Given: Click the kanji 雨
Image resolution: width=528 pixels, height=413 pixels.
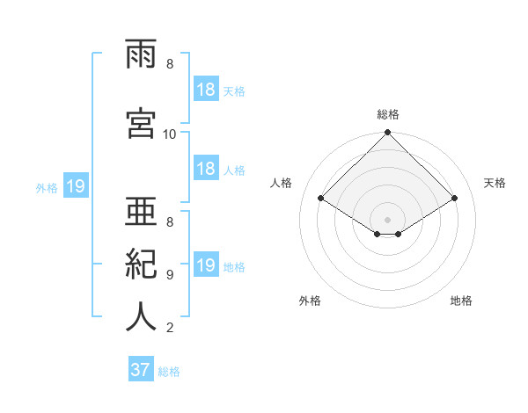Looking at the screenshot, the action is [x=141, y=54].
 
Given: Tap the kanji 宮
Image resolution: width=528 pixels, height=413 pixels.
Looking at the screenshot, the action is [x=141, y=123].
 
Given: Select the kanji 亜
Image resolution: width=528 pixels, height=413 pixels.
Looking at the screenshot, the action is [x=141, y=211].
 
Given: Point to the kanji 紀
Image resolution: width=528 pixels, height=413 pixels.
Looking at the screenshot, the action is [x=141, y=264].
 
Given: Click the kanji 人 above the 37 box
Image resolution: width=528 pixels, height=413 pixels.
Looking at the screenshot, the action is [x=141, y=316].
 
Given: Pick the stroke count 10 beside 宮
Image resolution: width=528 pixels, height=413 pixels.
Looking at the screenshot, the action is [x=169, y=134].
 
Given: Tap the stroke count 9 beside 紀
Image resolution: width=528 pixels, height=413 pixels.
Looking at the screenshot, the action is [x=170, y=275].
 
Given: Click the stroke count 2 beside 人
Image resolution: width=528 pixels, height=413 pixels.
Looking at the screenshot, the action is [x=170, y=328].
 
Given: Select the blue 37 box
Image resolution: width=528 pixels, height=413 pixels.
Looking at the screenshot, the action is [x=141, y=368].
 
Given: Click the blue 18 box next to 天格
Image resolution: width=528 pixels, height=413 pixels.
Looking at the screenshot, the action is [x=206, y=89].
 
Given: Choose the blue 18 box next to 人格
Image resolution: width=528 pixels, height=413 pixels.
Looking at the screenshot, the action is [x=206, y=168].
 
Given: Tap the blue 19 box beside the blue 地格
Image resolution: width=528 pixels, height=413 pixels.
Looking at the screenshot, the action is [x=206, y=264].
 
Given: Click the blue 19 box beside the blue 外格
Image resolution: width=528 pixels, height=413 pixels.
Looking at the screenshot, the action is [x=76, y=185].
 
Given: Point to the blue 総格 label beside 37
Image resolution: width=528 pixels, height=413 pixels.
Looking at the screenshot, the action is [x=169, y=372].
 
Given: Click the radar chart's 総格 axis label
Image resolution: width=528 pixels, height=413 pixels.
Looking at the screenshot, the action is [x=388, y=114].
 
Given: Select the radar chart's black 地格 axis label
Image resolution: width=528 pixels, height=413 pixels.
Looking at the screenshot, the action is [x=461, y=301].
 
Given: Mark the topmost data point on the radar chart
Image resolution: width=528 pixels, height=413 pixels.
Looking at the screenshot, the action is [x=387, y=132].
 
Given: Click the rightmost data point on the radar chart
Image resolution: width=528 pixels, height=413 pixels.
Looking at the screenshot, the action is [x=454, y=198].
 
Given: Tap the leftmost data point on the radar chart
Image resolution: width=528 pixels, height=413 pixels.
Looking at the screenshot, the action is [x=321, y=198].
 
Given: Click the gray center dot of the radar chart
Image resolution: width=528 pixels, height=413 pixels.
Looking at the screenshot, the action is [x=387, y=220].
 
